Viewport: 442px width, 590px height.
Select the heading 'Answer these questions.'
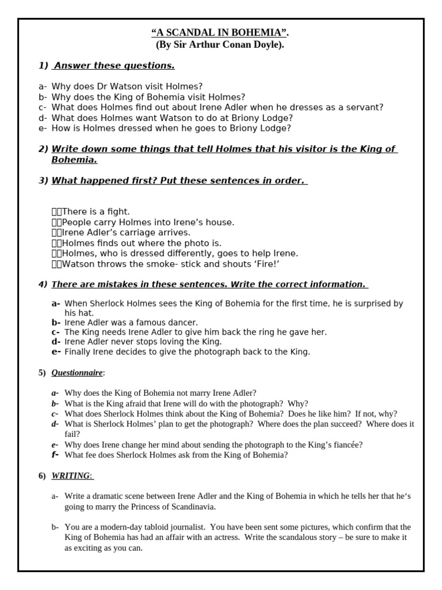(114, 66)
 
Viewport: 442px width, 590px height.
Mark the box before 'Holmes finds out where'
(56, 243)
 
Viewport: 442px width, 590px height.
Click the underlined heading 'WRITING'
(71, 476)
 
